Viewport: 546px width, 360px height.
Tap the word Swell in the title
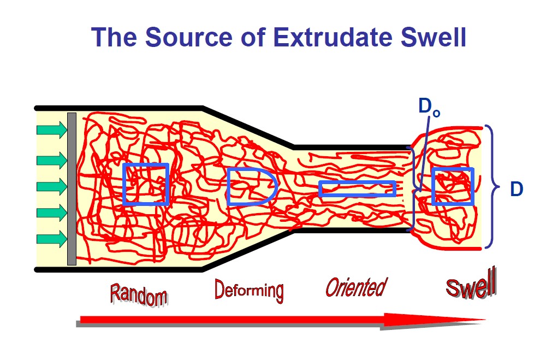(x=434, y=37)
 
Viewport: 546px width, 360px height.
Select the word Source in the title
(x=189, y=37)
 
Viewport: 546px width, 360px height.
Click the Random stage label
(x=139, y=295)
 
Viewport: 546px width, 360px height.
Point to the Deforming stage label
(x=250, y=290)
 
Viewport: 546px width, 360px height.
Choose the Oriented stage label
(x=356, y=287)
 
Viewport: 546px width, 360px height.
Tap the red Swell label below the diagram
(x=471, y=284)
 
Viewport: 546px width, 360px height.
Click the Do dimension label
(x=429, y=107)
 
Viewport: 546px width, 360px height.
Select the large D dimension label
(x=517, y=189)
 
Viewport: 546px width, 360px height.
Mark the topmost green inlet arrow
(x=52, y=130)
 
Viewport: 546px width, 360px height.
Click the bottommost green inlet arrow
(x=52, y=239)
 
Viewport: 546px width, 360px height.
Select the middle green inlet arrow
(x=52, y=186)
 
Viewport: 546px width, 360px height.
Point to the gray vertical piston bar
(x=72, y=189)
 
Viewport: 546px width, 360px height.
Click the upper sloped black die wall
(x=248, y=128)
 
